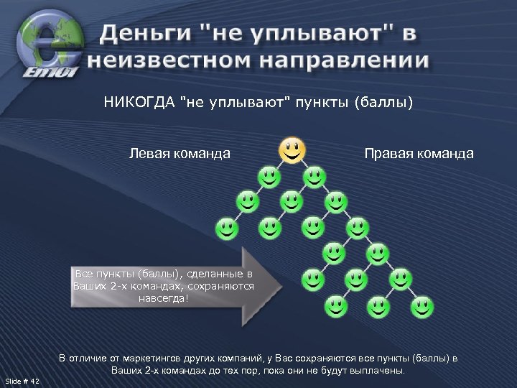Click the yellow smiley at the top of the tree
291,151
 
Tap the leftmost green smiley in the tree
226,228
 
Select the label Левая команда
180,153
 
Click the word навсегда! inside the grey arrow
164,298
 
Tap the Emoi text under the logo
44,71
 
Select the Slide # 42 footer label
22,380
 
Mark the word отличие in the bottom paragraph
89,358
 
